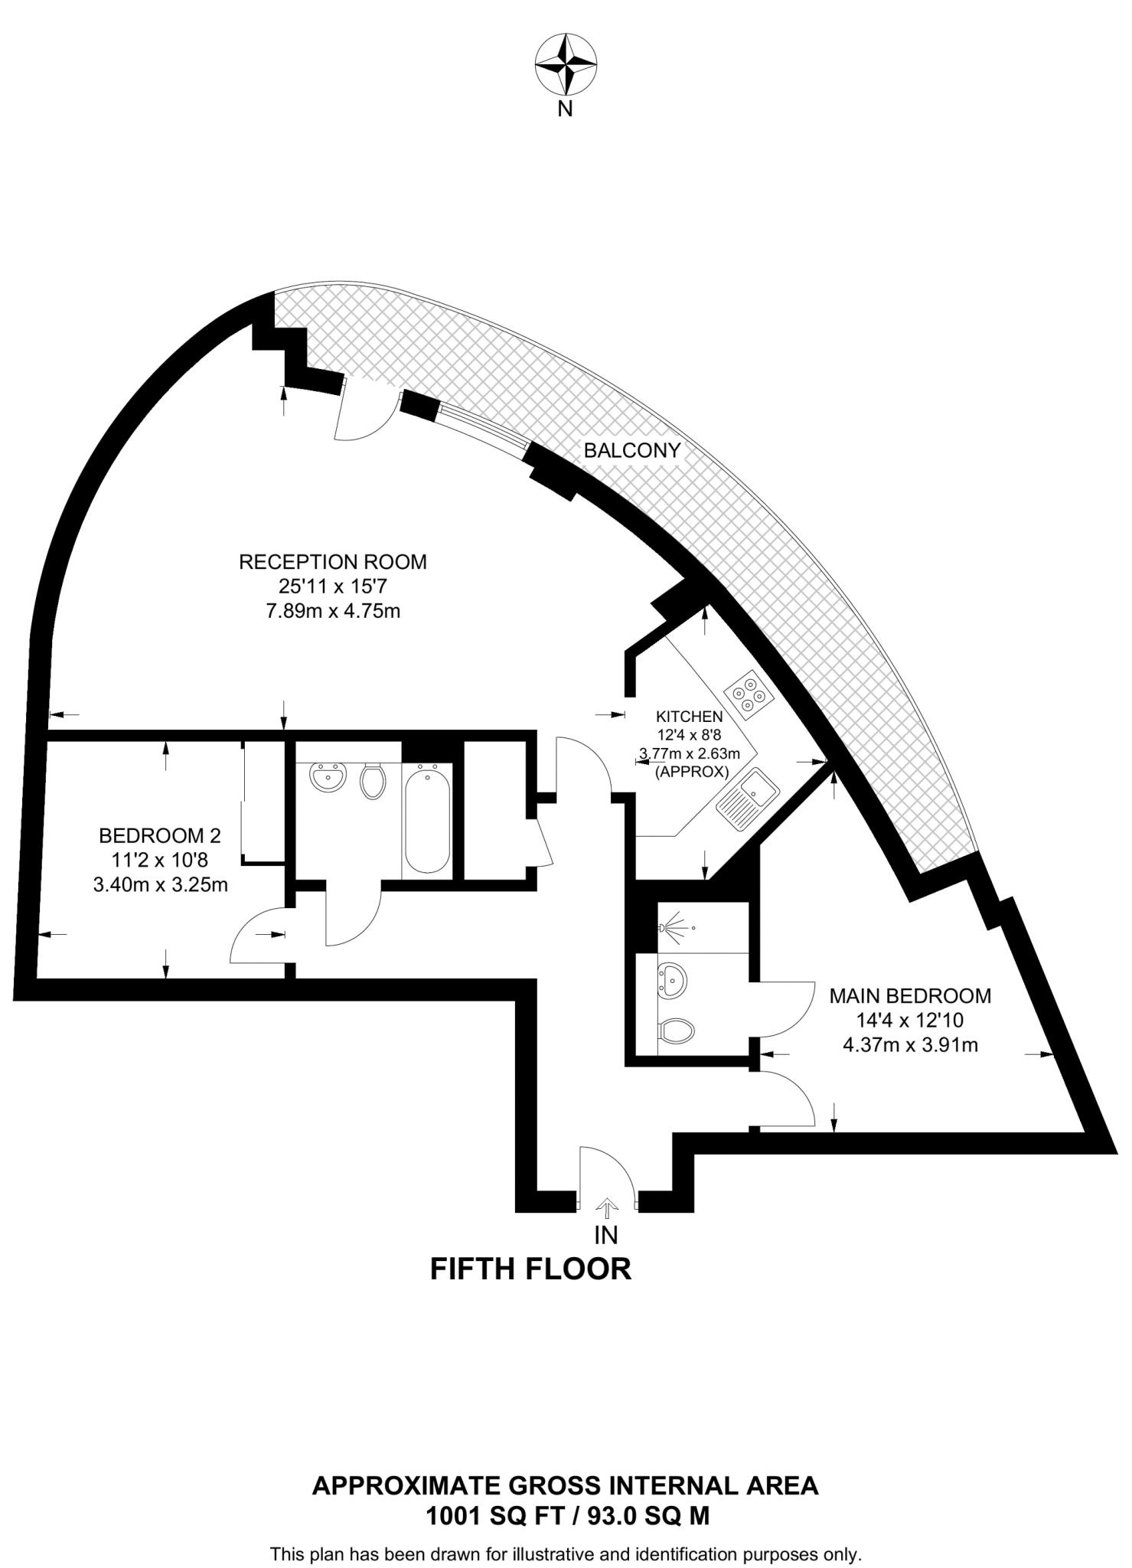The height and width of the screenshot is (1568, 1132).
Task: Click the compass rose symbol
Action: (565, 64)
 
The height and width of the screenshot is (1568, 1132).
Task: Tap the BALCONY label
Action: (631, 450)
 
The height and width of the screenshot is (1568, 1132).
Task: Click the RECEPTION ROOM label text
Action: (333, 562)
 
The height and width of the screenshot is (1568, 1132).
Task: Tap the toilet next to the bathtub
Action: (373, 780)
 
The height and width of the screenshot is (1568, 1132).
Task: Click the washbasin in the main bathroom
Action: (328, 779)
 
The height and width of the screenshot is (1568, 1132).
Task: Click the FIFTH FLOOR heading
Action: (530, 1269)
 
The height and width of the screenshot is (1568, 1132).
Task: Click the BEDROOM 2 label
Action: (160, 835)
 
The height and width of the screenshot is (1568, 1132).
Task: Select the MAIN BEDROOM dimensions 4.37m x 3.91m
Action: (910, 1044)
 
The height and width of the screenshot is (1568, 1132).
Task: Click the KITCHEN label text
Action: (689, 717)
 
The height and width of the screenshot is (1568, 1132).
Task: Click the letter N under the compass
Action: (565, 109)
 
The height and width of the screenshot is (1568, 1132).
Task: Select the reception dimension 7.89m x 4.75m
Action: (333, 611)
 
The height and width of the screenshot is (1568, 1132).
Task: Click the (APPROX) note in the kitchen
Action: (691, 772)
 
